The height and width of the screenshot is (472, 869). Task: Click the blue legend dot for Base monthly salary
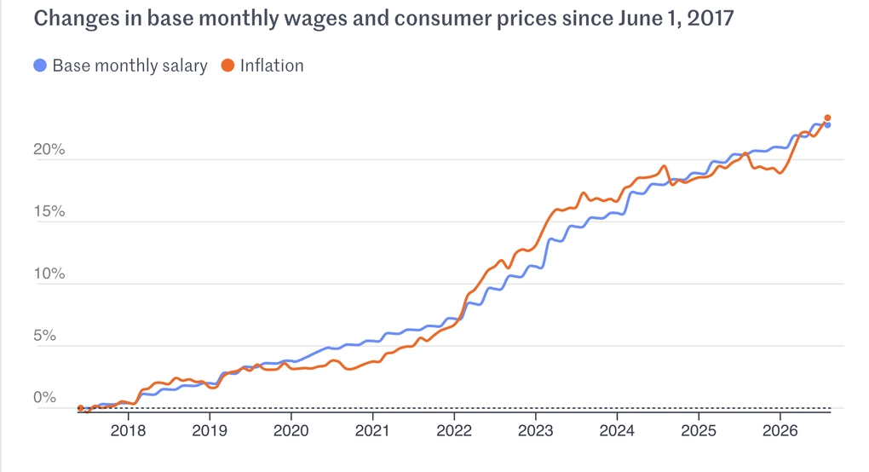click(x=40, y=66)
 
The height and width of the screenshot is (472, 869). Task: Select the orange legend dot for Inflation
click(x=227, y=66)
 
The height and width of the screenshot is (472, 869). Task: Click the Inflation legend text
click(x=272, y=66)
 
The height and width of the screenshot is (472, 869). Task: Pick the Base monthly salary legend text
click(x=129, y=66)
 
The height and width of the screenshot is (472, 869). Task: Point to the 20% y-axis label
click(x=49, y=149)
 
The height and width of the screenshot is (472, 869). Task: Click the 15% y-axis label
click(x=49, y=211)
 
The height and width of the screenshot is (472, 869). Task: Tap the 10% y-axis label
click(x=49, y=273)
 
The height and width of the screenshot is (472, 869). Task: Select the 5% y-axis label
click(x=44, y=335)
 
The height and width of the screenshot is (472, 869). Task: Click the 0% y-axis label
click(x=44, y=397)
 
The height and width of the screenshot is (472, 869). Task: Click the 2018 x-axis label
click(x=128, y=430)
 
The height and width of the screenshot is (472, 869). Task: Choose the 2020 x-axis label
click(x=291, y=430)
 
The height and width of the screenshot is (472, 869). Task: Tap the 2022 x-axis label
click(x=454, y=430)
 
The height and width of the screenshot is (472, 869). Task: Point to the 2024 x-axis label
click(x=617, y=430)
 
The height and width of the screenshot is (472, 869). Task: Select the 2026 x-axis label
click(x=780, y=430)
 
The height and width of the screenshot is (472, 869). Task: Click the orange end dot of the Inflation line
click(x=827, y=118)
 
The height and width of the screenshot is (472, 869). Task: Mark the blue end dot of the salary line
click(x=827, y=125)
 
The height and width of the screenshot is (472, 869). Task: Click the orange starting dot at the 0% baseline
click(x=80, y=408)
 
